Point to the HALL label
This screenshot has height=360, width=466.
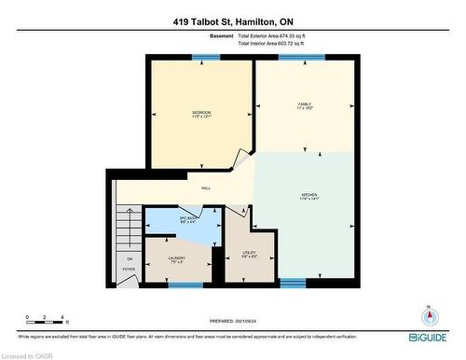click(x=205, y=188)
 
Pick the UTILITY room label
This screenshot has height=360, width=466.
click(x=249, y=254)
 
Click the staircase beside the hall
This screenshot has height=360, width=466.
click(x=129, y=228)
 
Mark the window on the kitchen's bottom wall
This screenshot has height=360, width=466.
click(x=293, y=282)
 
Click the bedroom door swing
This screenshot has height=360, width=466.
click(x=244, y=157)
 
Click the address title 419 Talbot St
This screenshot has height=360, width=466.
click(x=232, y=21)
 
